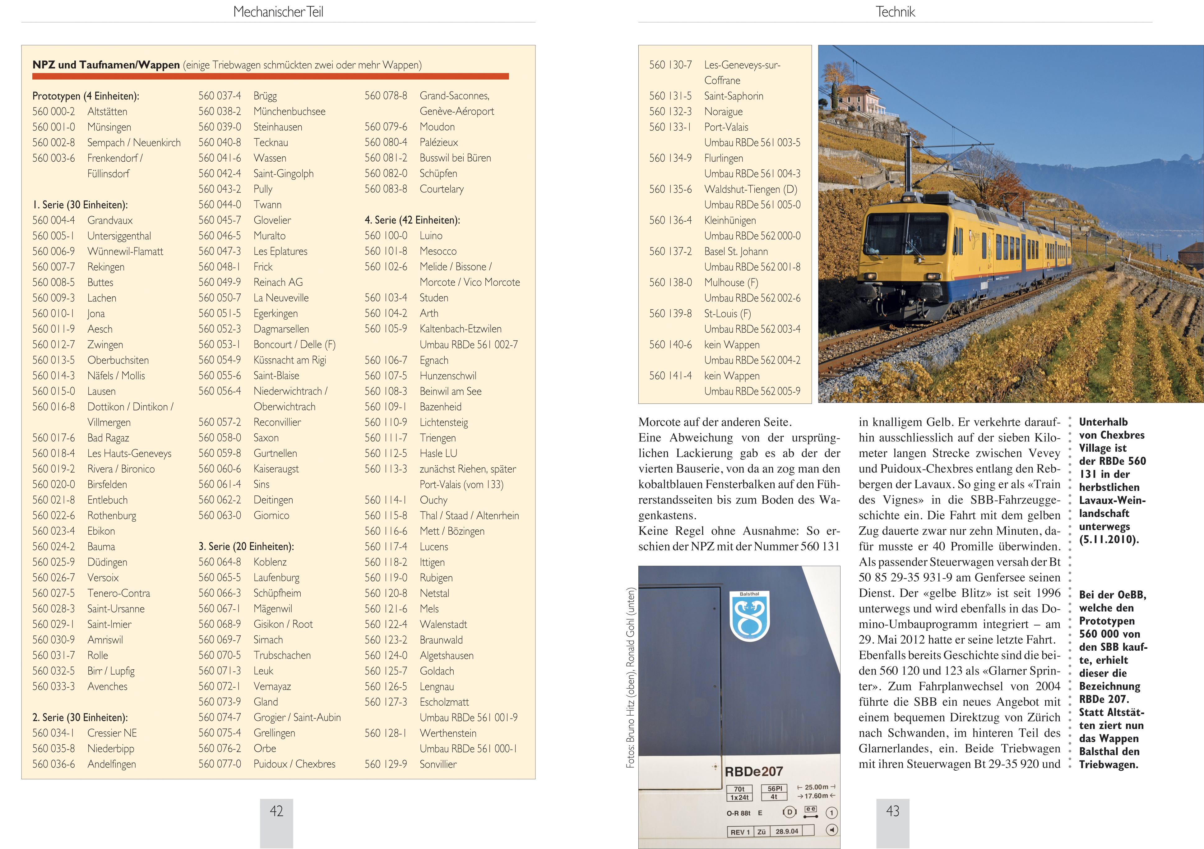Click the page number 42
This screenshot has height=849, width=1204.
[276, 811]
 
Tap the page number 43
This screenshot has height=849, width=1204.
[892, 811]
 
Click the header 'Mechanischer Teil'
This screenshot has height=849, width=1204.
[278, 12]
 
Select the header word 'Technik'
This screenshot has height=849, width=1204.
[895, 12]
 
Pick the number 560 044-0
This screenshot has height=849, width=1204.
[220, 205]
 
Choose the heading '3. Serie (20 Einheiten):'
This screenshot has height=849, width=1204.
[246, 547]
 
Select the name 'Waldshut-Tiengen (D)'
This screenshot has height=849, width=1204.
[750, 189]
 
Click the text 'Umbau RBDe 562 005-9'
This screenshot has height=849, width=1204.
[752, 391]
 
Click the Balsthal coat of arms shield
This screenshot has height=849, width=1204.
[749, 617]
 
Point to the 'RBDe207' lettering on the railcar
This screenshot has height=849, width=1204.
[753, 771]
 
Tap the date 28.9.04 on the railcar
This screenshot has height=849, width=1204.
[787, 831]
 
